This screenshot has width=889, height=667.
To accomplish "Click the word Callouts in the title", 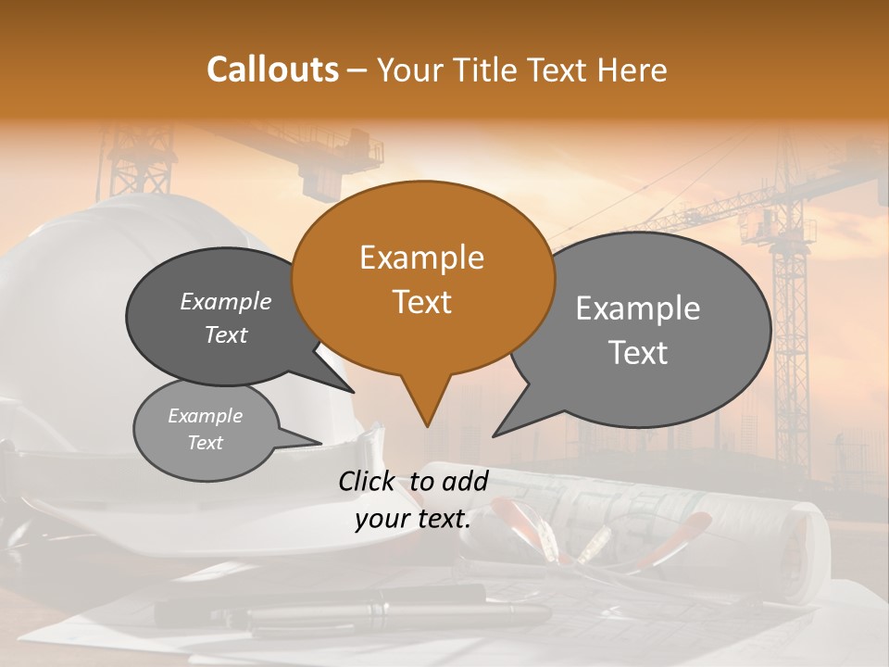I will click(x=272, y=69).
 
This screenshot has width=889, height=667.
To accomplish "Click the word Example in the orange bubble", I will click(x=421, y=258).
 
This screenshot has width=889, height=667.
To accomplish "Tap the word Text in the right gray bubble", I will click(x=638, y=353).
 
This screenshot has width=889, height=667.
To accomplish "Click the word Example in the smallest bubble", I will click(x=205, y=416).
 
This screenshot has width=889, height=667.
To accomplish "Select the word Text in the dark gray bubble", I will click(x=226, y=335).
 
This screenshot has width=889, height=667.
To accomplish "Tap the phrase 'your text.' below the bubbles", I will click(x=413, y=520).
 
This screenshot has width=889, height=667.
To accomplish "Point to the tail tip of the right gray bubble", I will click(x=495, y=434).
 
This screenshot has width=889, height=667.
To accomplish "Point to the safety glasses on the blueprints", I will click(x=537, y=547).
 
